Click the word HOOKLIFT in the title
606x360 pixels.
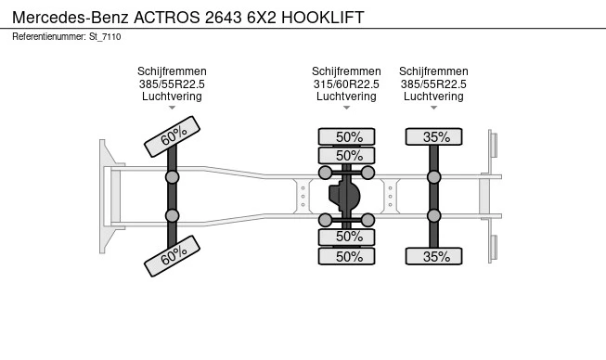(x=323, y=18)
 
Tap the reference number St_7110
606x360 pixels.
(x=105, y=37)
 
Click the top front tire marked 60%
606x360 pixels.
(x=172, y=136)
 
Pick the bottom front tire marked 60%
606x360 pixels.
(x=172, y=256)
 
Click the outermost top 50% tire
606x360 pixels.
(x=347, y=136)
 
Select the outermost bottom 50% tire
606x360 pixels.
(x=347, y=256)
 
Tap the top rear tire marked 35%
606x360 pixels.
(x=433, y=136)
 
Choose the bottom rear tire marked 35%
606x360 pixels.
(x=433, y=256)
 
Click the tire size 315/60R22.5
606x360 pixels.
(x=346, y=84)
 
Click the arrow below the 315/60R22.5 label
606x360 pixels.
(x=347, y=108)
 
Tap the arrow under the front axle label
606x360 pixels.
(x=172, y=108)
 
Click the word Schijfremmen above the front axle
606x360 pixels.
(x=172, y=71)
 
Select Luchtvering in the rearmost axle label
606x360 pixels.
(x=433, y=96)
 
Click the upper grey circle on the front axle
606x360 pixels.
(x=172, y=177)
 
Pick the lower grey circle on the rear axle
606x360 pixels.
(x=434, y=215)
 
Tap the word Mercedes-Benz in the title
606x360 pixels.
(x=71, y=18)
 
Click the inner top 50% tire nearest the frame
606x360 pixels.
(x=347, y=156)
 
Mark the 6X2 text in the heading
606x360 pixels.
(x=262, y=18)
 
